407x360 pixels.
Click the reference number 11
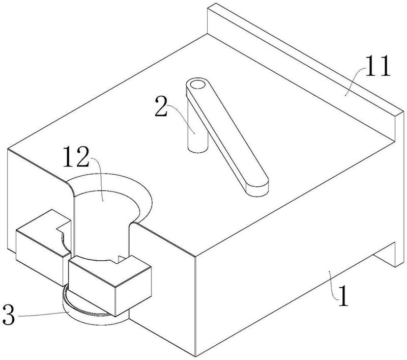375,67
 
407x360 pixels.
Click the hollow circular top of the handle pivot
196,85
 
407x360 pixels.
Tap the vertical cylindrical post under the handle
196,132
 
